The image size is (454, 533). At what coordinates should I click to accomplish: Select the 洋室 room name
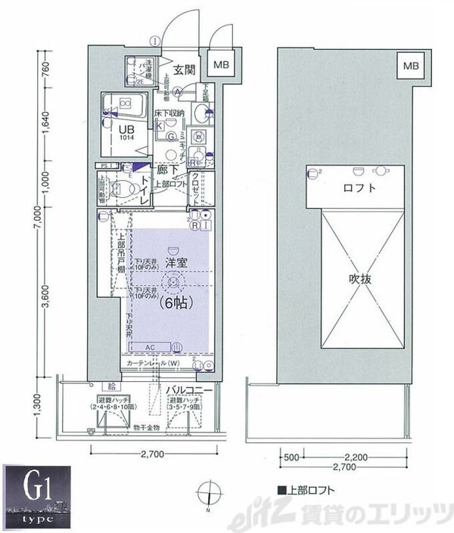(x=177, y=264)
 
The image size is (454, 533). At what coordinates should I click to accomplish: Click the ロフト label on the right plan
(x=357, y=189)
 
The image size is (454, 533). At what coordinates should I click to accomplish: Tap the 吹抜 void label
(x=359, y=278)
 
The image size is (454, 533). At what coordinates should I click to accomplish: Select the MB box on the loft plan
(x=409, y=66)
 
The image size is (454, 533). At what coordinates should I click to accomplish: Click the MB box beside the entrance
(x=222, y=66)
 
